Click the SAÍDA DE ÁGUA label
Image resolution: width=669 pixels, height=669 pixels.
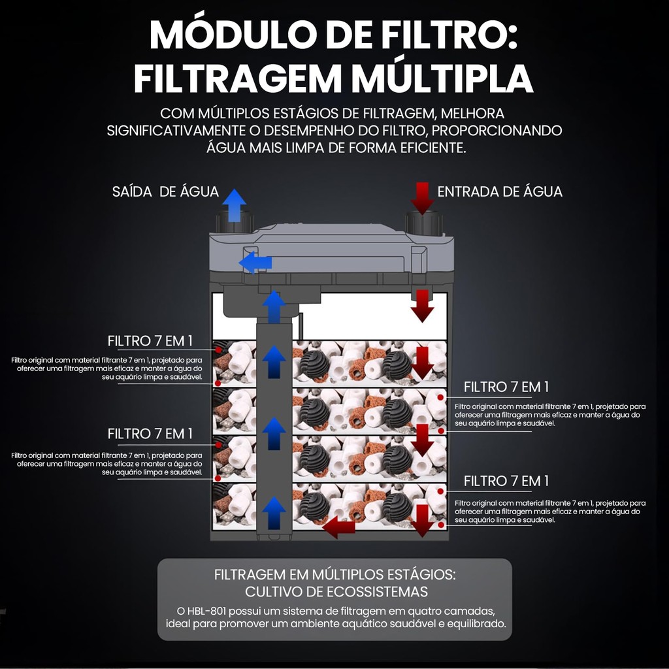coord(165,191)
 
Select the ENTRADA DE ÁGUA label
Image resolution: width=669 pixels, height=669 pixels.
coord(500,191)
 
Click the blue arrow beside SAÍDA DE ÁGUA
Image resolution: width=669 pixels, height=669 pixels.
coord(234,206)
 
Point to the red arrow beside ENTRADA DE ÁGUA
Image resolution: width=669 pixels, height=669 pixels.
coord(422,199)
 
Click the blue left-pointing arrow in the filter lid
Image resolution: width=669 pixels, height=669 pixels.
coord(255,263)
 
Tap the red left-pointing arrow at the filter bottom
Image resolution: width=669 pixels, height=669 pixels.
coord(338,527)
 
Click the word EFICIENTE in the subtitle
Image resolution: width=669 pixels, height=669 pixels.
coord(432,148)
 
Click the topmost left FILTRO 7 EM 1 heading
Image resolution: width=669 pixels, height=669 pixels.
coord(150,341)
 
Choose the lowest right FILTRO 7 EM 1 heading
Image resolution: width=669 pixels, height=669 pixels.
coord(506,481)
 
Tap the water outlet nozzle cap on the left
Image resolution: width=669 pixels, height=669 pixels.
coord(235,221)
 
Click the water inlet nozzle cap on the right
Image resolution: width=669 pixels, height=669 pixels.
coord(423,223)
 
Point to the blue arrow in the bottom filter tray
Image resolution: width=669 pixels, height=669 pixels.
coord(274,512)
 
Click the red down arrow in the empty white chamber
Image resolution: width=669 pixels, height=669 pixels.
coord(422,306)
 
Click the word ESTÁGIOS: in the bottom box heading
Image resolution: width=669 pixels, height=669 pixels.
coord(421,574)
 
